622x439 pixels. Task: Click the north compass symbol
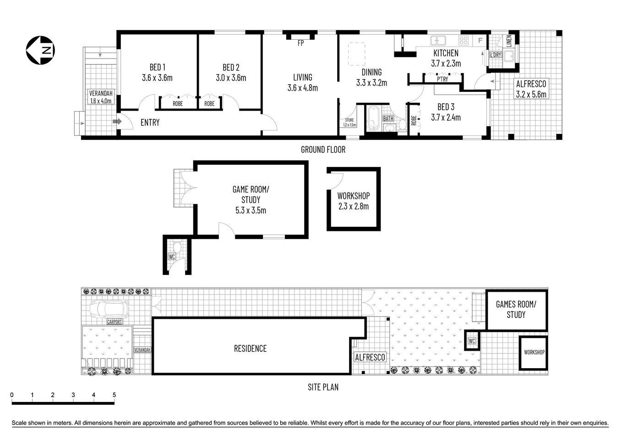pyautogui.click(x=40, y=50)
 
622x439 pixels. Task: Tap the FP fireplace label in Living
pyautogui.click(x=300, y=43)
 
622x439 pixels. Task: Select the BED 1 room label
pyautogui.click(x=157, y=72)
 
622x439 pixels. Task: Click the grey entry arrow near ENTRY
pyautogui.click(x=117, y=122)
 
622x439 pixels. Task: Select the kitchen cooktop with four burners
pyautogui.click(x=464, y=41)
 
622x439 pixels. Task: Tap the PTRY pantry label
pyautogui.click(x=442, y=79)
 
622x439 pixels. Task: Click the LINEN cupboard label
pyautogui.click(x=509, y=41)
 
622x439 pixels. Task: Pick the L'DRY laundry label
pyautogui.click(x=496, y=55)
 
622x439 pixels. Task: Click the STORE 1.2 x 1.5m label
pyautogui.click(x=350, y=123)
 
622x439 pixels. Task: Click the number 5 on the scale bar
pyautogui.click(x=114, y=395)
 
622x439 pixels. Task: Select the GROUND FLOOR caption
pyautogui.click(x=323, y=150)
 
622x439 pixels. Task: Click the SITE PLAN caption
pyautogui.click(x=323, y=387)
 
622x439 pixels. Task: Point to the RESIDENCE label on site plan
pyautogui.click(x=250, y=348)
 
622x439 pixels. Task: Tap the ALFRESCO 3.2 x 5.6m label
pyautogui.click(x=531, y=89)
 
